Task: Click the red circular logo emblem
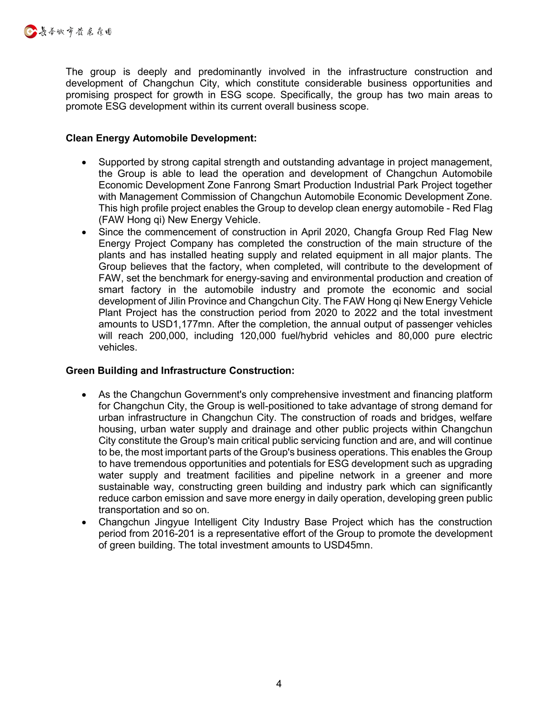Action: (30, 32)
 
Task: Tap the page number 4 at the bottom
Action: (279, 684)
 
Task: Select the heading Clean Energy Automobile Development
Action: (161, 138)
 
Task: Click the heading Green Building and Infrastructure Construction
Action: (180, 370)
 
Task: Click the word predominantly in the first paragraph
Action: (230, 72)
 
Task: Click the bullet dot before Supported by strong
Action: (84, 162)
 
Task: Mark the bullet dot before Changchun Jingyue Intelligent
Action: (84, 522)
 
